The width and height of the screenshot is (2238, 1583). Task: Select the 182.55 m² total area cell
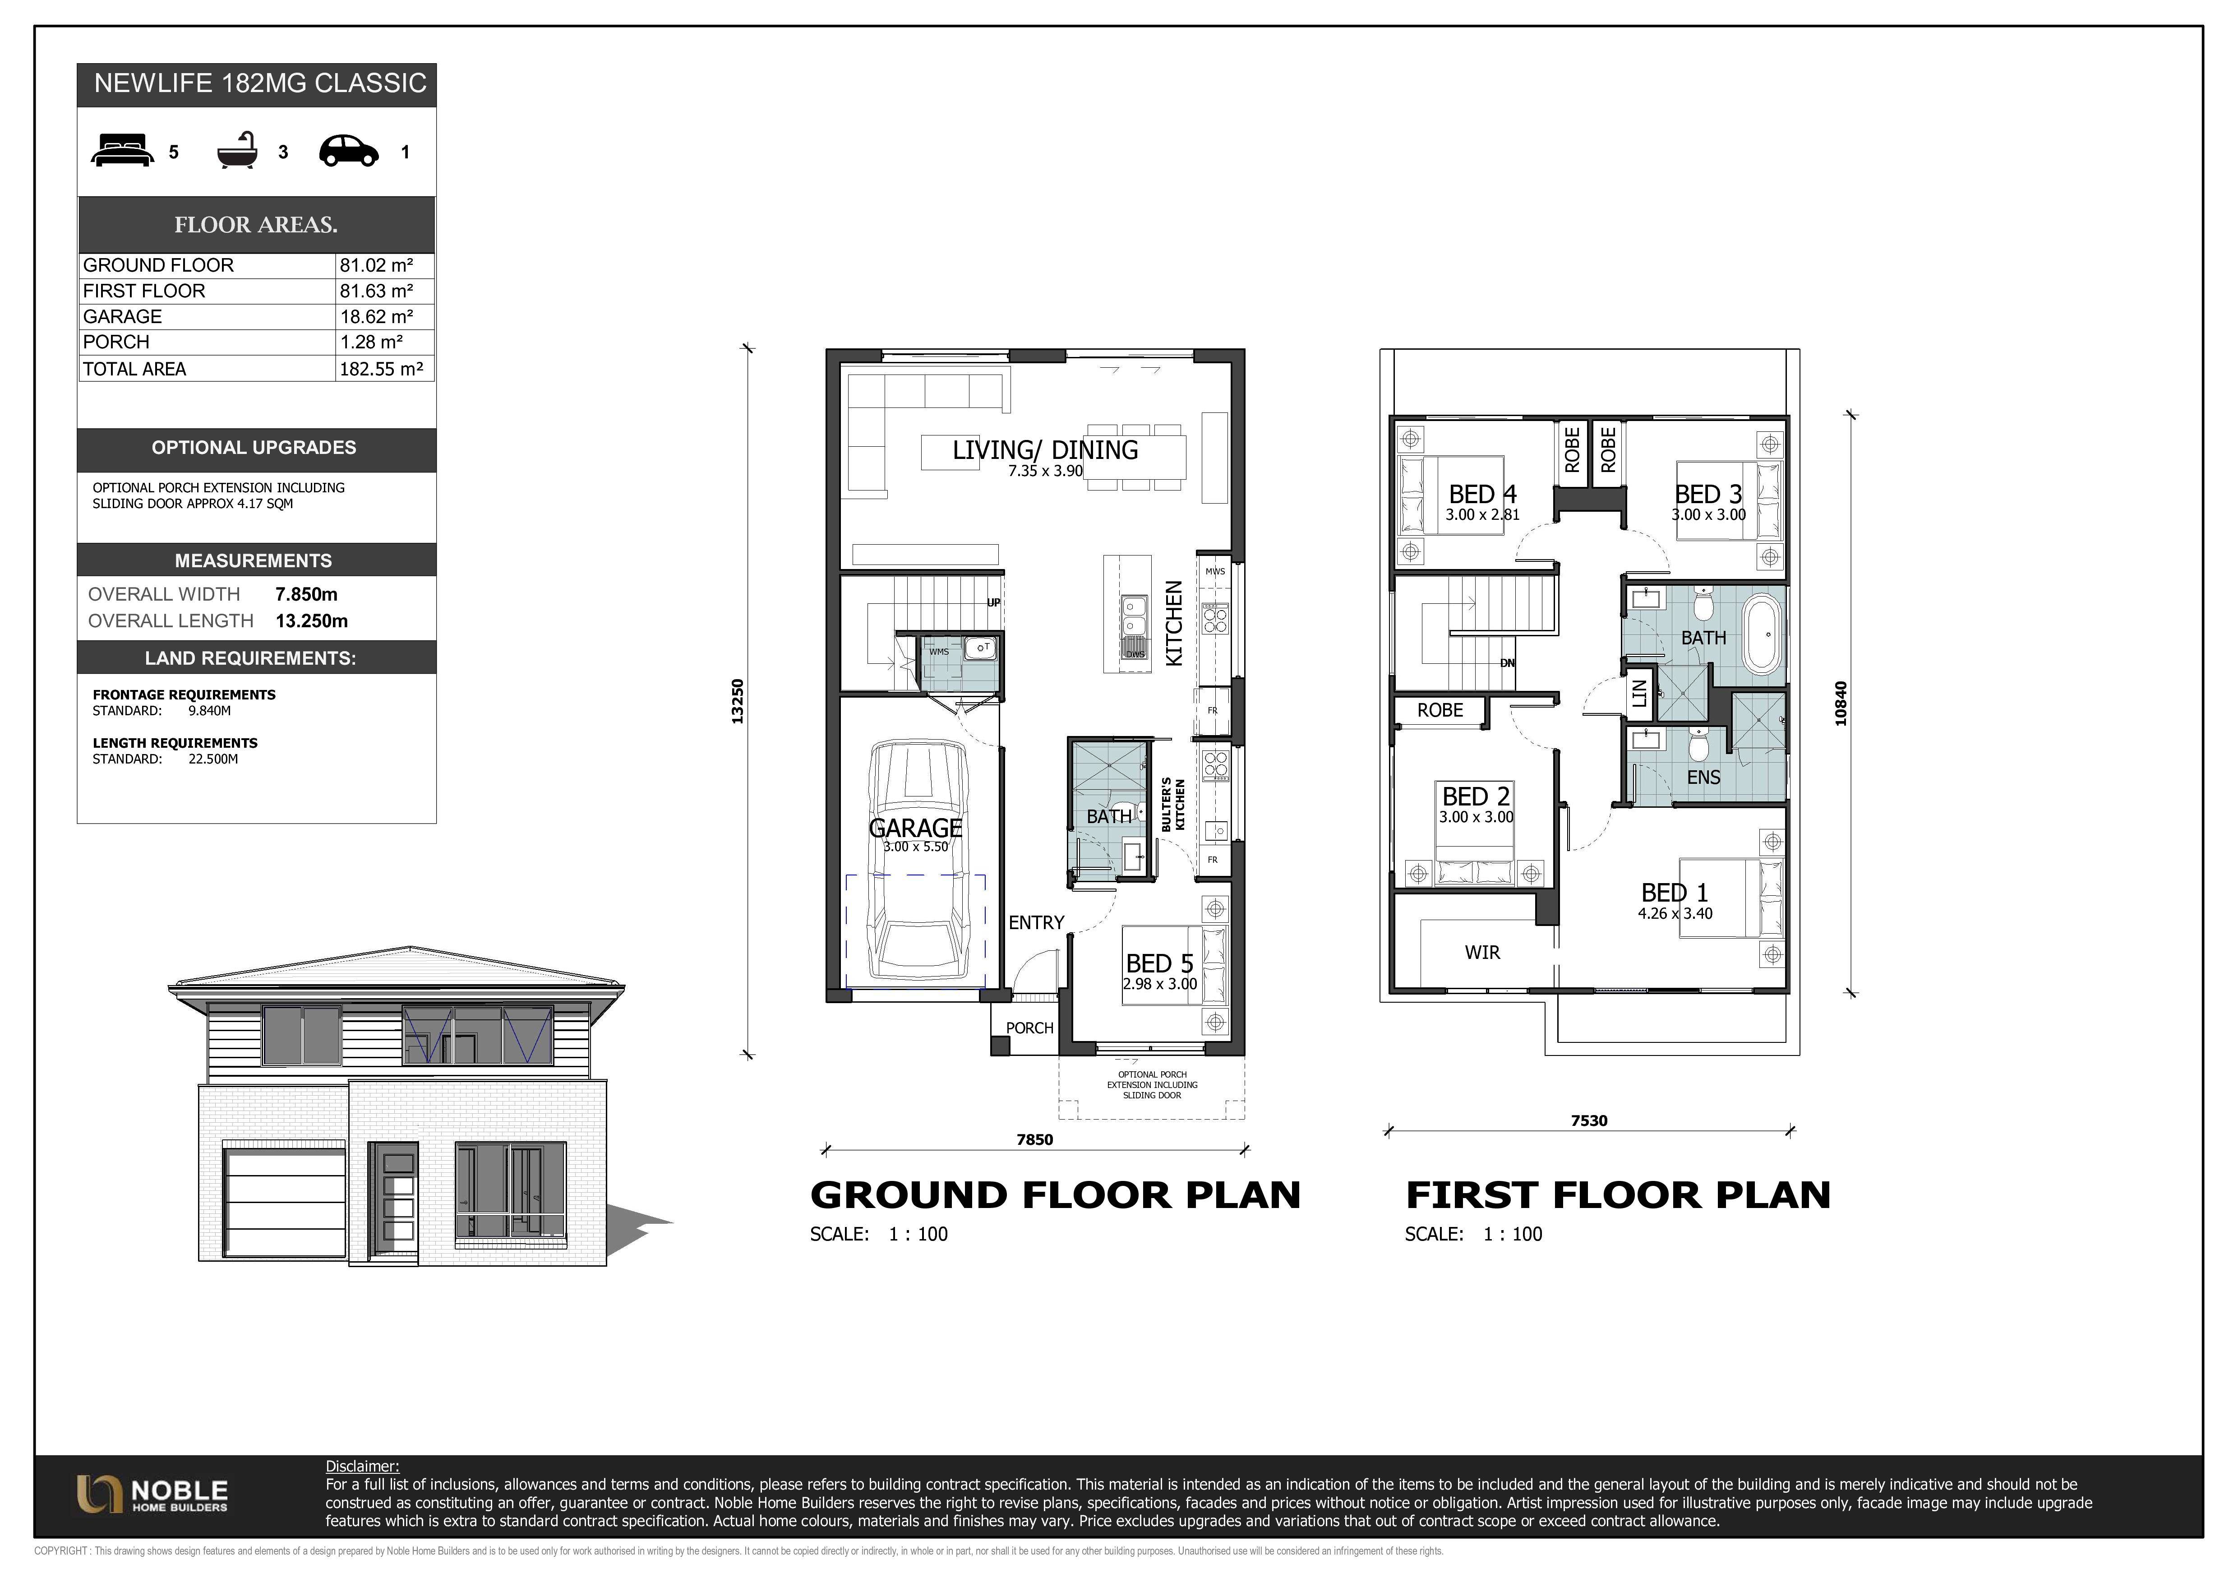click(x=381, y=369)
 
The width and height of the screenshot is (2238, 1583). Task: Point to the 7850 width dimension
click(x=1034, y=1139)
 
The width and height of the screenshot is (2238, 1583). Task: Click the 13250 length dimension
click(x=738, y=701)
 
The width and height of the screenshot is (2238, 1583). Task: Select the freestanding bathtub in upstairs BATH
click(x=1761, y=635)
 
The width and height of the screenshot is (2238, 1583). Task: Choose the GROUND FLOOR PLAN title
click(x=1056, y=1195)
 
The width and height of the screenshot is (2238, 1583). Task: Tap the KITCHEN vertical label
click(x=1175, y=624)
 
